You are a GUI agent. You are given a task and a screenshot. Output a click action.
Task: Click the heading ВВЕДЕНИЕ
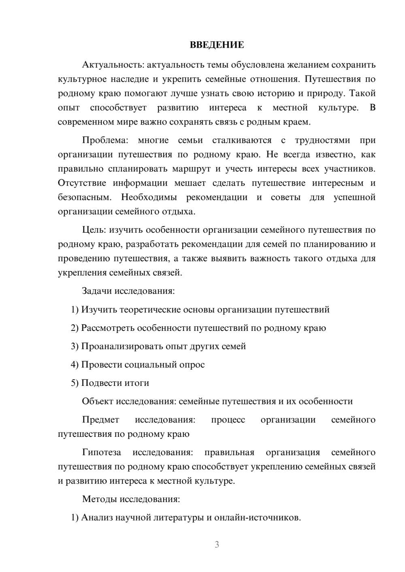[217, 45]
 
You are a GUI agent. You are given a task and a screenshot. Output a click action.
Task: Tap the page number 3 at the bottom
[217, 544]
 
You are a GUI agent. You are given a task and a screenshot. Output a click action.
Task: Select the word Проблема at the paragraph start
[105, 140]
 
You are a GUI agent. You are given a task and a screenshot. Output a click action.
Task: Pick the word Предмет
[100, 419]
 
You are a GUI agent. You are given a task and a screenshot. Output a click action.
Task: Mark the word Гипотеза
[101, 452]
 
